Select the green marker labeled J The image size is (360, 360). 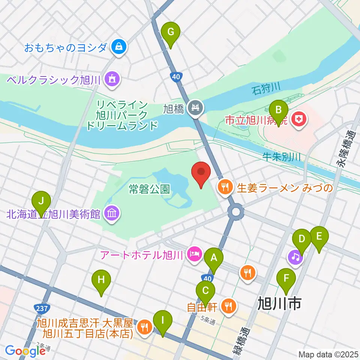[x=41, y=201]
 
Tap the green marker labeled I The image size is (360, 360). [x=162, y=321]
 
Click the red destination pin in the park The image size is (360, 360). [x=201, y=174]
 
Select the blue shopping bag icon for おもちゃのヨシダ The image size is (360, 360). [x=119, y=47]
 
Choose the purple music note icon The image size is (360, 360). [x=295, y=257]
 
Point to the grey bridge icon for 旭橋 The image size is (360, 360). [x=195, y=108]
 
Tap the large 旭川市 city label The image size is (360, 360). [x=279, y=303]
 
